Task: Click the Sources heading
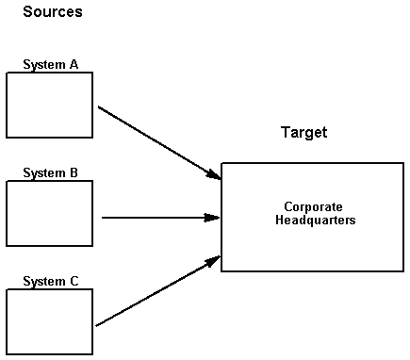coord(53,12)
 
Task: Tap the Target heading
coord(303,133)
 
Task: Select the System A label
coord(50,65)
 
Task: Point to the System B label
coord(50,173)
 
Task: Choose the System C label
coord(50,282)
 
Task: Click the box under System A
coord(49,106)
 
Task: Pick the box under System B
coord(49,214)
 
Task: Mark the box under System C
coord(49,322)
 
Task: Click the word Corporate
coord(313,206)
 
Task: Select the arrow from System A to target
coord(156,141)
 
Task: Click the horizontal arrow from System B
coord(156,218)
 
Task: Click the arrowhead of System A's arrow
coord(214,175)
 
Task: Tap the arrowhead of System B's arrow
coord(214,218)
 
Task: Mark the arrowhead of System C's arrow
coord(214,259)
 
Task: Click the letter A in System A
coord(74,65)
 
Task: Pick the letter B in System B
coord(74,173)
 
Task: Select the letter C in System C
coord(74,282)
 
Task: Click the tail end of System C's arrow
coord(98,325)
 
